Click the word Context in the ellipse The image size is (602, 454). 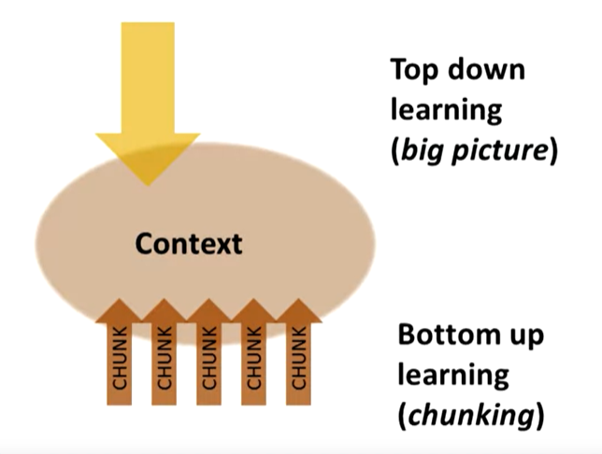[x=188, y=244]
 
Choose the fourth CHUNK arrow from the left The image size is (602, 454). [x=253, y=355]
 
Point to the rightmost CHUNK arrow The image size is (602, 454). [x=298, y=355]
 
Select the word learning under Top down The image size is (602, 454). [x=447, y=109]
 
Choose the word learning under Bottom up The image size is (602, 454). [x=453, y=375]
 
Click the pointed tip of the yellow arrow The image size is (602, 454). [x=148, y=182]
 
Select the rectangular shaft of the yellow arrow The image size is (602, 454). [x=148, y=75]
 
